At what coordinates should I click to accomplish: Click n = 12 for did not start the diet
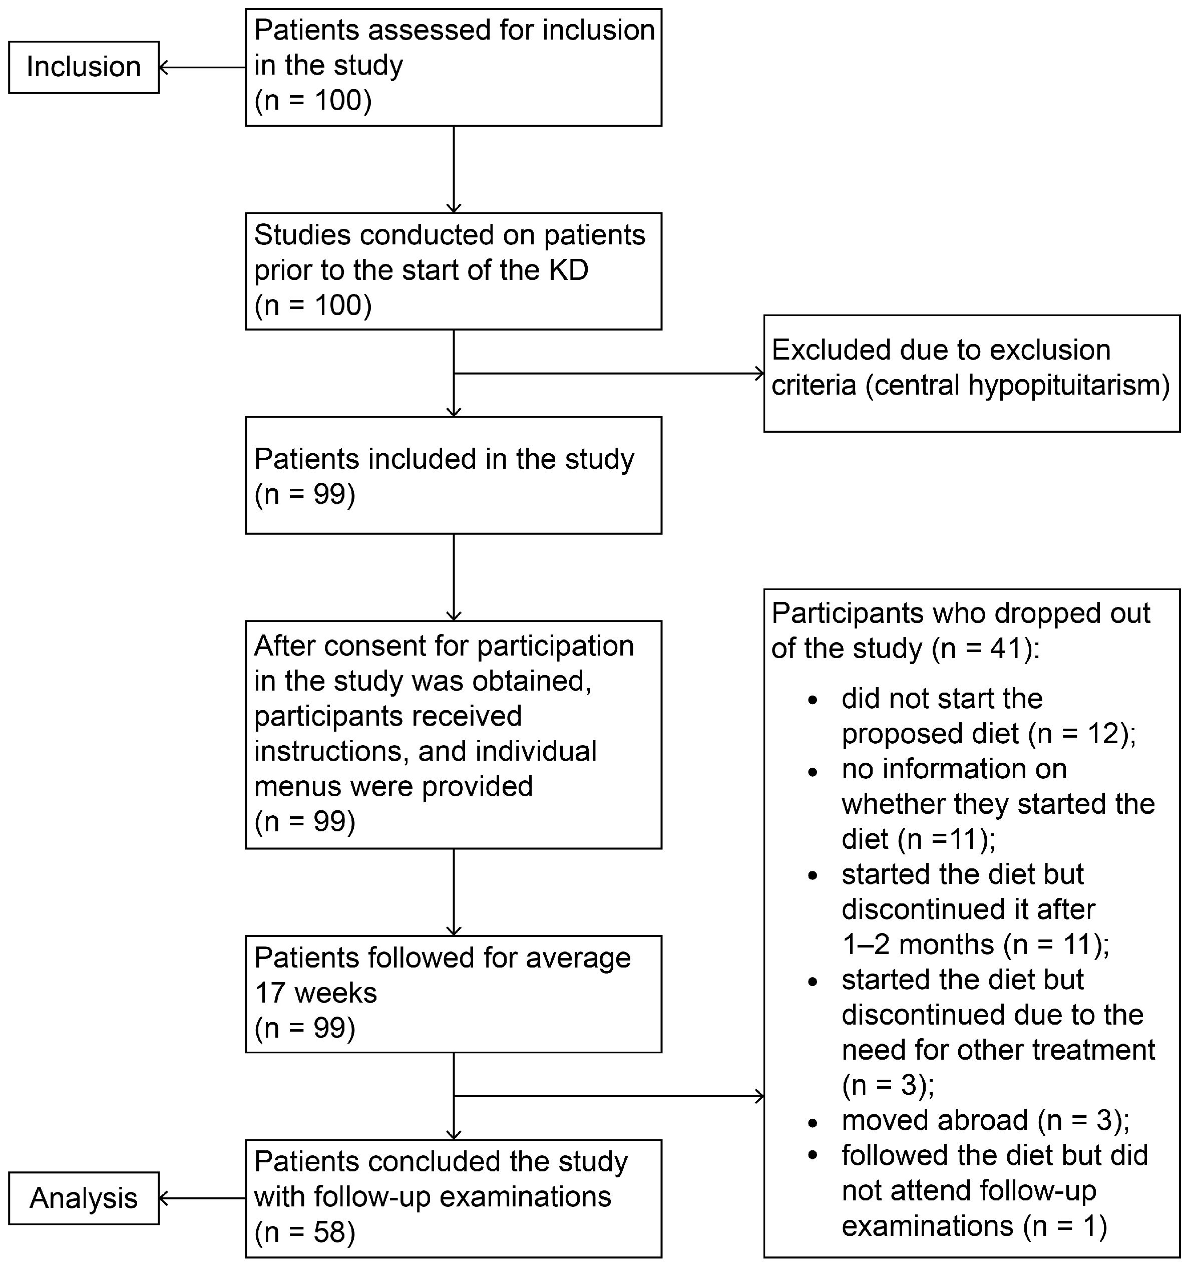(1081, 734)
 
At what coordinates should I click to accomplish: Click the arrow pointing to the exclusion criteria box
(609, 374)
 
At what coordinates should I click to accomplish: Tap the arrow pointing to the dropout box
(609, 1096)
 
